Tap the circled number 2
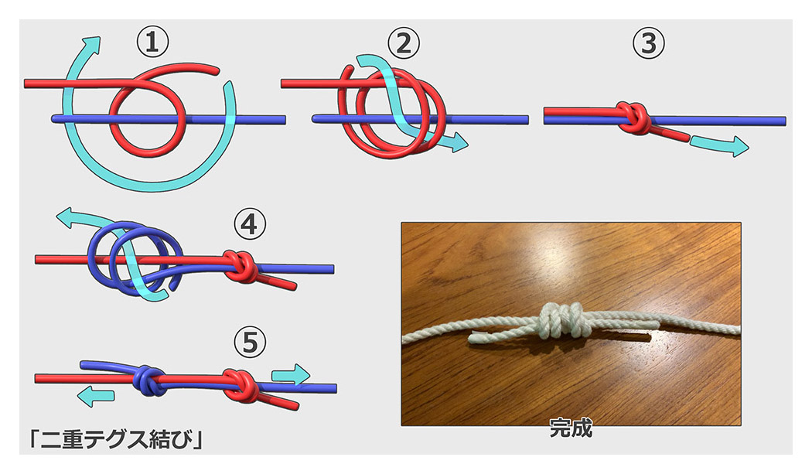tap(403, 44)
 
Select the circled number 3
tap(648, 44)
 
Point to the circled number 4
tap(248, 226)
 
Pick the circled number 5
tap(248, 342)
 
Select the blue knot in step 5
tap(148, 379)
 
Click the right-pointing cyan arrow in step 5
tap(290, 374)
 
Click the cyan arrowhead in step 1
tap(93, 43)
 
